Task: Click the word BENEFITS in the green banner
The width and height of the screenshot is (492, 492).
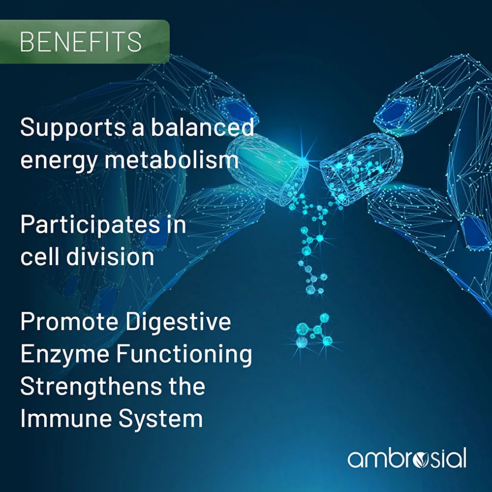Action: (x=81, y=42)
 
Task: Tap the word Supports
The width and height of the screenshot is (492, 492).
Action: (x=72, y=128)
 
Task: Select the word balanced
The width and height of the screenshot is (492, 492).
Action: (x=202, y=127)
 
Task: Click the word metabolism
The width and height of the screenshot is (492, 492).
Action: (x=172, y=159)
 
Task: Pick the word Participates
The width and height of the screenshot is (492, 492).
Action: (x=90, y=225)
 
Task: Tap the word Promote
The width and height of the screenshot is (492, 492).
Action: (x=69, y=321)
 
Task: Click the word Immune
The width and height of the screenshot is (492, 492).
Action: (x=66, y=419)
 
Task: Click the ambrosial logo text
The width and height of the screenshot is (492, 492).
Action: (x=407, y=459)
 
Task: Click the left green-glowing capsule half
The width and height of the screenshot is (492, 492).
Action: (x=266, y=169)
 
